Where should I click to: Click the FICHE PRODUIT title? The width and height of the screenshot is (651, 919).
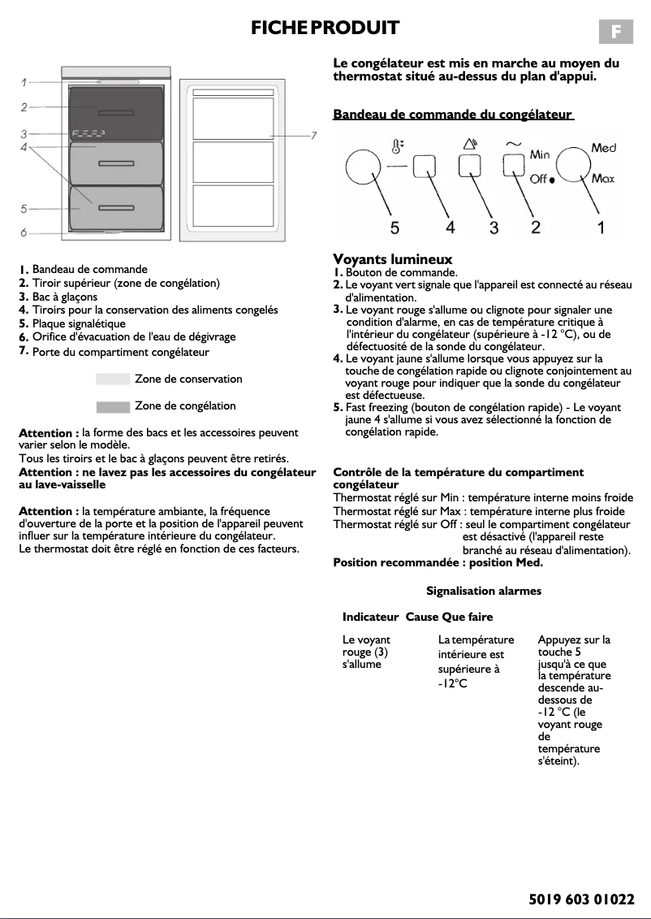point(325,28)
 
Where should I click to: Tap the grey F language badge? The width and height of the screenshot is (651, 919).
point(616,32)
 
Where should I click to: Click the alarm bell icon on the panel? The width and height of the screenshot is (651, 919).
point(469,145)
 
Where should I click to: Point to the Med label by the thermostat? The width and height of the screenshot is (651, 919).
point(603,148)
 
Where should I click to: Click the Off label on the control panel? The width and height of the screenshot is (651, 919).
point(538,180)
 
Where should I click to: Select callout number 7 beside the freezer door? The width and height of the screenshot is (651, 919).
point(313,135)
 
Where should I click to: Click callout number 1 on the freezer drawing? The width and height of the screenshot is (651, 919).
point(24,82)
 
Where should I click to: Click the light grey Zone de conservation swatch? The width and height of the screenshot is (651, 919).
point(113,379)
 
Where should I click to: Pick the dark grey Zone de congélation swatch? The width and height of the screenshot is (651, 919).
point(113,406)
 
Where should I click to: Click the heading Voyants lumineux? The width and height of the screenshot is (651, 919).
point(393,259)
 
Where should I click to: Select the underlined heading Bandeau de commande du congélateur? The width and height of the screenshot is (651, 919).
point(453,115)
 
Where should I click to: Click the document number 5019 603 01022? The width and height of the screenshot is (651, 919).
point(580,899)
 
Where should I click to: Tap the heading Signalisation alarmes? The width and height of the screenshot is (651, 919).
point(484,591)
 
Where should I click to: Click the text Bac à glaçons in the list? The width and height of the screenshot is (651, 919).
point(65,297)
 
